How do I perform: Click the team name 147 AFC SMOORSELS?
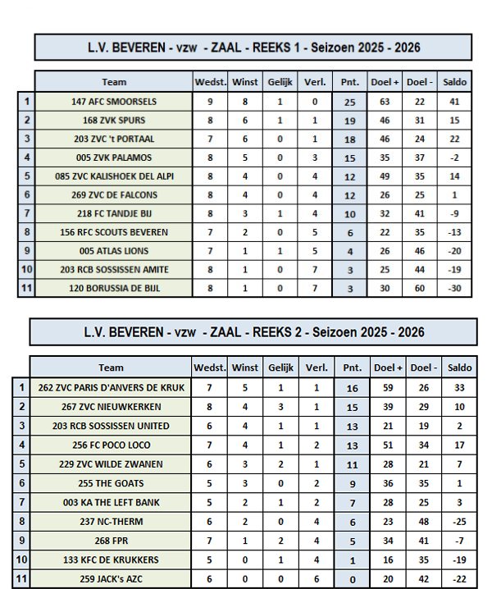click(114, 102)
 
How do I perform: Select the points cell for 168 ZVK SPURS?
click(349, 120)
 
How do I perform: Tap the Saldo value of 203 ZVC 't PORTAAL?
click(454, 139)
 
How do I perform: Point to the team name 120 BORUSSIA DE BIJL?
click(114, 288)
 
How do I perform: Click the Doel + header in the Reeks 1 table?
click(385, 83)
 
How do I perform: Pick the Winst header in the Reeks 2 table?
click(245, 368)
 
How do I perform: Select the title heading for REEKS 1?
click(253, 48)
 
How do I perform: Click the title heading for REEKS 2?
click(253, 332)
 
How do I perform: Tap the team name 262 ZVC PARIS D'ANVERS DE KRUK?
click(112, 388)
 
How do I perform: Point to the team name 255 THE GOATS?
click(112, 482)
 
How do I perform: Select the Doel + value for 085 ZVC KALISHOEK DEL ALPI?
click(385, 176)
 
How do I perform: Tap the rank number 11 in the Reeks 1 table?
click(27, 288)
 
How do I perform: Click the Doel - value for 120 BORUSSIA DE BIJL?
click(420, 288)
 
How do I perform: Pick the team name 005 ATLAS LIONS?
click(114, 251)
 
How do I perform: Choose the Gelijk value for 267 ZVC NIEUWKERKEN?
click(280, 407)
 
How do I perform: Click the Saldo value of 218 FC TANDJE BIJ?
click(454, 213)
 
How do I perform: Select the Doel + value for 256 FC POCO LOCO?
click(385, 445)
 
